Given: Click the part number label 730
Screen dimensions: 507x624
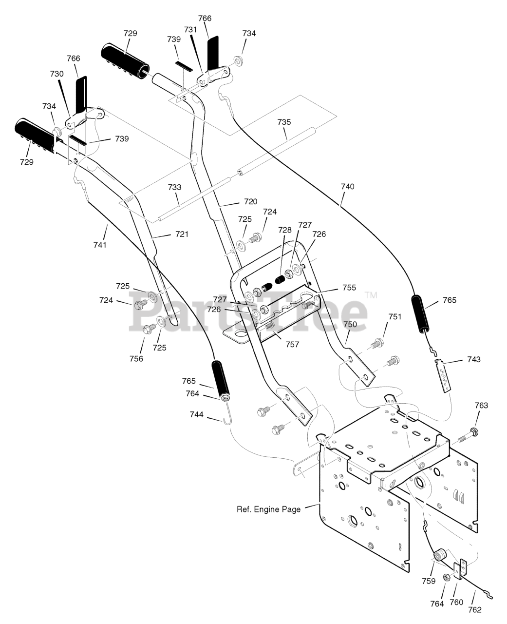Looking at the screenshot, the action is coord(57,74).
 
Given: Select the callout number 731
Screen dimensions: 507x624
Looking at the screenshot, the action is coord(190,30).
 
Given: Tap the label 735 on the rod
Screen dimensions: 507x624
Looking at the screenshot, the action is coord(284,122).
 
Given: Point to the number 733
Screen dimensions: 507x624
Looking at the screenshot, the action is coord(175,187).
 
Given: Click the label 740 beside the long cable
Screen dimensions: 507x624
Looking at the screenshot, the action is coord(347,187).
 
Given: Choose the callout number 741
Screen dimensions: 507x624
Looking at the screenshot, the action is coord(100,245).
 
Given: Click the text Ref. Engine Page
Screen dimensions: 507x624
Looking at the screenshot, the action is coord(268,509).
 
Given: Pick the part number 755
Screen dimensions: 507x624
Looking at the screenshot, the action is coord(349,288).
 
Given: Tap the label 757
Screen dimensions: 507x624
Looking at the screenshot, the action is coord(292,345).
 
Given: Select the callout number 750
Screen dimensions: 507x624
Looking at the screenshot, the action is coord(350,324).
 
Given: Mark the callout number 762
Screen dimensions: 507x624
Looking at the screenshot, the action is coord(474,610).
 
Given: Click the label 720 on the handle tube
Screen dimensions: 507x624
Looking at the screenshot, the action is coord(250,201).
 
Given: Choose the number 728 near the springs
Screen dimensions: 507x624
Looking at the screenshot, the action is coord(285,230).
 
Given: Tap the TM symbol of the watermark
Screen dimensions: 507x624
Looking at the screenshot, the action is coord(372,295).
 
